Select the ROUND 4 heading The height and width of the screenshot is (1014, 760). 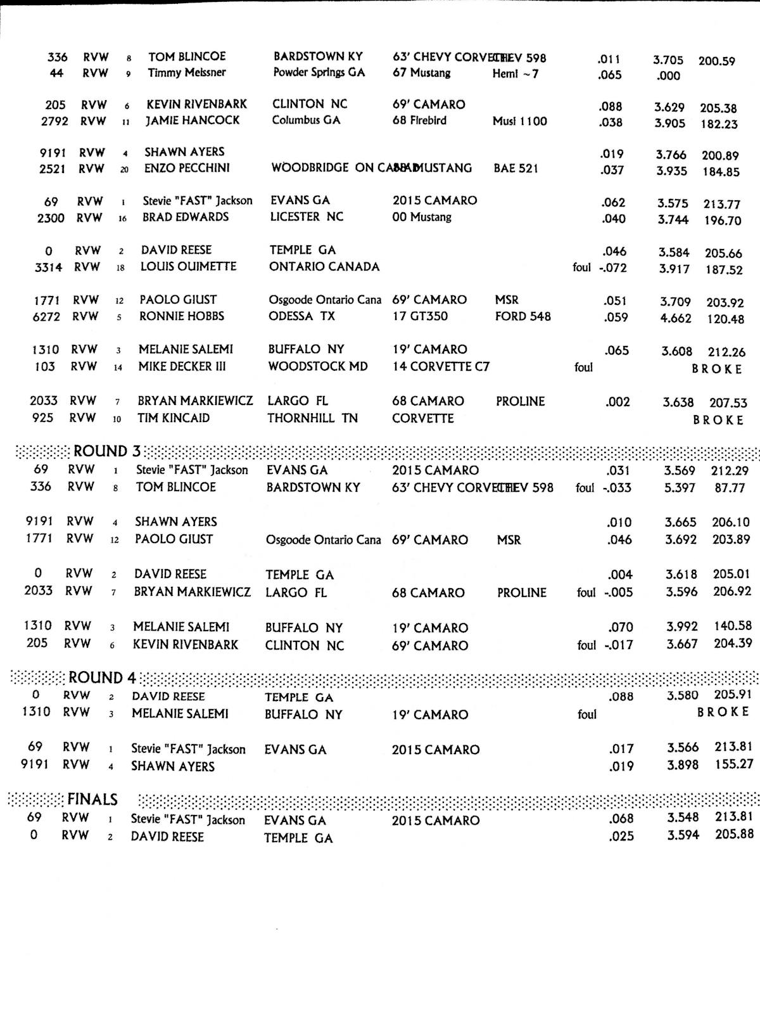click(x=102, y=677)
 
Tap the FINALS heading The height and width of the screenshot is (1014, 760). click(x=92, y=800)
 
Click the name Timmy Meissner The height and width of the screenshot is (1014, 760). click(x=187, y=73)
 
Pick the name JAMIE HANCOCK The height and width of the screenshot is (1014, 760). click(x=193, y=120)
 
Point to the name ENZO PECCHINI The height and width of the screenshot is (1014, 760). click(x=187, y=169)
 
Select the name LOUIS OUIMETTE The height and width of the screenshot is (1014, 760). click(x=188, y=267)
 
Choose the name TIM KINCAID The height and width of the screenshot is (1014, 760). click(x=174, y=418)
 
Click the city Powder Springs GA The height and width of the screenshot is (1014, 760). click(x=319, y=72)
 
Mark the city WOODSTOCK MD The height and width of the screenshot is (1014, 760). click(x=318, y=366)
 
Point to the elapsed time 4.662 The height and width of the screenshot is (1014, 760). click(x=676, y=318)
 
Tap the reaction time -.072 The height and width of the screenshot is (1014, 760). click(x=612, y=268)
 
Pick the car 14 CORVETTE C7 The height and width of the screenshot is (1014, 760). click(x=441, y=366)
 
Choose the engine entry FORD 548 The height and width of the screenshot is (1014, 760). click(x=523, y=316)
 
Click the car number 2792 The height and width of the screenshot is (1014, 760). click(x=54, y=120)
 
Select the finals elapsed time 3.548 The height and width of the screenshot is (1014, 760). click(x=683, y=818)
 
